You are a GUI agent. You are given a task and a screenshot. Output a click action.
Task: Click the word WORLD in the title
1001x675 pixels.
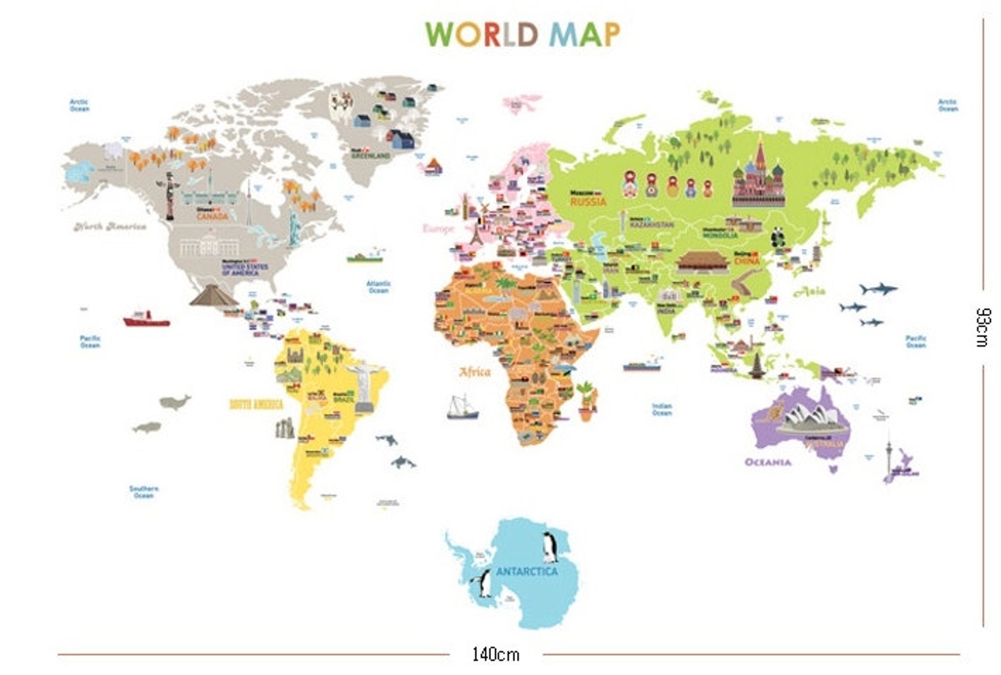tap(482, 34)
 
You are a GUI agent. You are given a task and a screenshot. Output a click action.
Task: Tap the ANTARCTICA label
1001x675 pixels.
tap(527, 572)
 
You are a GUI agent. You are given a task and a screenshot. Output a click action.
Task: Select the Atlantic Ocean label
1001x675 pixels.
tap(378, 287)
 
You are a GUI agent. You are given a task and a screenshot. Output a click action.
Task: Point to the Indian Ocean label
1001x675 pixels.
tap(662, 410)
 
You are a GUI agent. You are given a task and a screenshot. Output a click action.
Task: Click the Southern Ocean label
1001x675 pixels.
tap(144, 492)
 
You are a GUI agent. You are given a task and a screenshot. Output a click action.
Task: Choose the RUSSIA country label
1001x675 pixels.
tap(588, 202)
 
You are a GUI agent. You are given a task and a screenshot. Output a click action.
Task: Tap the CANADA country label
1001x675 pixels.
tap(212, 216)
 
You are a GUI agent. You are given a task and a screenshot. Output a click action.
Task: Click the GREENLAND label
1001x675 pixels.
tap(371, 155)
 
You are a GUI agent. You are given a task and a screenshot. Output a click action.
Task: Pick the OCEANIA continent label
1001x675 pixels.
tap(768, 462)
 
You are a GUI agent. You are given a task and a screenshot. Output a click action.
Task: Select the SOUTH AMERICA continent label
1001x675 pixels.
tap(256, 405)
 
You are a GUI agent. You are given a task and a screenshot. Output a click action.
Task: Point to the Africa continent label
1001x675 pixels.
tap(475, 372)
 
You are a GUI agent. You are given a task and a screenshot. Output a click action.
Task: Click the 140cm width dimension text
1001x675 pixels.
tap(495, 654)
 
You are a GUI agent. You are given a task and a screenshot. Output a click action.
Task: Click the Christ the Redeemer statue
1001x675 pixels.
tap(364, 385)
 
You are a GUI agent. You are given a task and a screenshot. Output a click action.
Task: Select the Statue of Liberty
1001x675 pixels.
tap(294, 228)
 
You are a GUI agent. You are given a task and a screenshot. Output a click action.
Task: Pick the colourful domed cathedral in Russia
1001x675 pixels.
tap(759, 176)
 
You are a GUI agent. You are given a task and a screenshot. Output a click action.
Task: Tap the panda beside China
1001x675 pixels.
tap(779, 238)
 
